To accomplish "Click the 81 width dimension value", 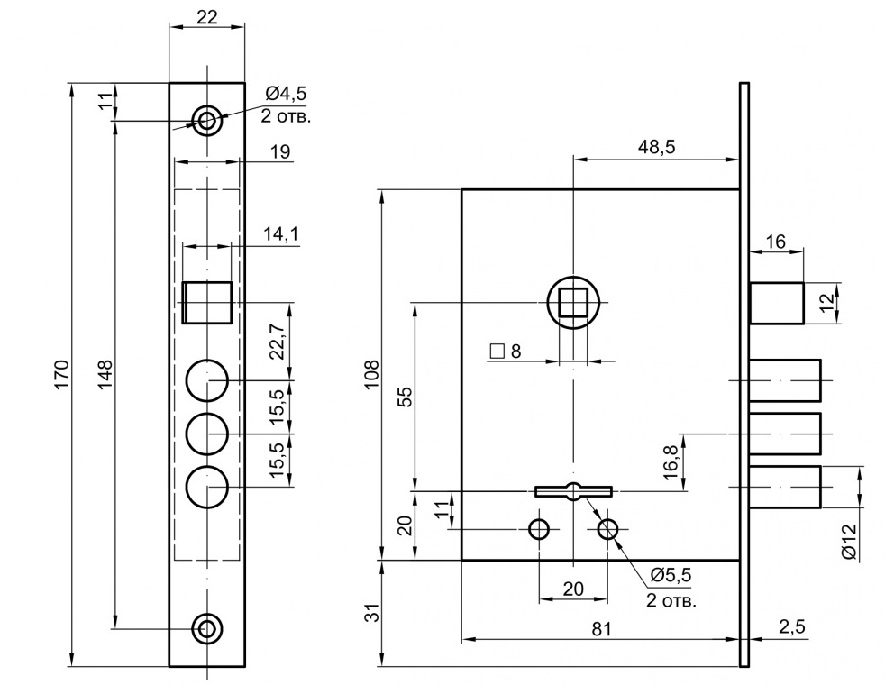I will pos(602,629).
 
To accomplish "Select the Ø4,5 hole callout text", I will pos(286,94).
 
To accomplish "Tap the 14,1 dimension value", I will pos(281,234).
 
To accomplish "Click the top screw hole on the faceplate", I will pos(208,119).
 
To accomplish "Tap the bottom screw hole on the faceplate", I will pos(208,627).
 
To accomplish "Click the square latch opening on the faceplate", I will pos(207,303).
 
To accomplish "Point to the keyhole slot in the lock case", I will pos(573,491).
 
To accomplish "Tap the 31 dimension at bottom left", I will pos(370,613).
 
